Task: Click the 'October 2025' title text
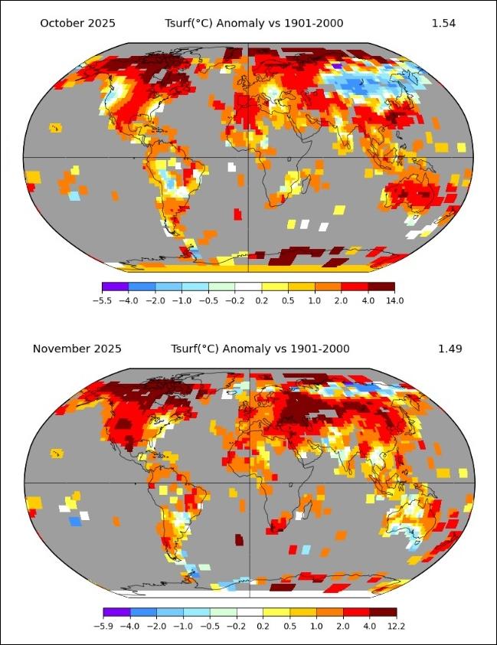coord(77,23)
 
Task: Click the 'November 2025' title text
coord(77,349)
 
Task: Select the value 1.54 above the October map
coord(443,23)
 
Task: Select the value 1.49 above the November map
coord(450,349)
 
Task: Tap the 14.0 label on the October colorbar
coord(394,300)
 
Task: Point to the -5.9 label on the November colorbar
coord(103,626)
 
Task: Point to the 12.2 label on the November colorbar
coord(397,626)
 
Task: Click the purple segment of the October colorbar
coord(115,286)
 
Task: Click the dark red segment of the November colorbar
coord(384,612)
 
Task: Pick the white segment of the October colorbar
coord(248,286)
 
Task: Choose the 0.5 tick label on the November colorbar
coord(290,626)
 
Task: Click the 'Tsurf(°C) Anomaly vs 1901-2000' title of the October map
coord(254,23)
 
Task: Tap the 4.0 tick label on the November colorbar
coord(370,626)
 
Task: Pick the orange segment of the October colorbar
coord(328,286)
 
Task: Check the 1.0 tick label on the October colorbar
coord(315,300)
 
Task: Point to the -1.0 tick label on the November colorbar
coord(183,626)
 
